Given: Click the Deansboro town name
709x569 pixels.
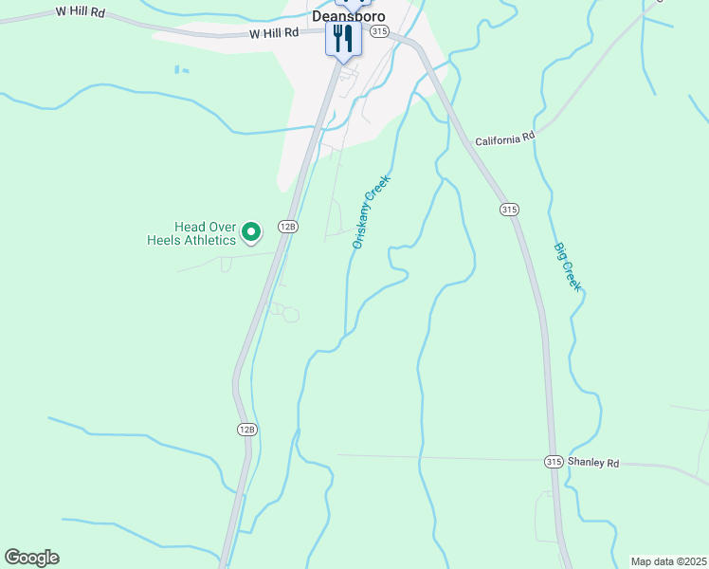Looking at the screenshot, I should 349,16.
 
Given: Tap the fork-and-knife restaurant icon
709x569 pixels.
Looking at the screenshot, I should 343,39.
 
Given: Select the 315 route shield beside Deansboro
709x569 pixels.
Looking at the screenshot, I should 380,31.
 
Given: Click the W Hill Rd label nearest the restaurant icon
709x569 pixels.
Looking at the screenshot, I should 274,32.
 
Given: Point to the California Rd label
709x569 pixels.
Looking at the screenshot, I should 505,138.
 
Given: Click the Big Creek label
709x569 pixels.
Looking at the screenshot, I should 567,266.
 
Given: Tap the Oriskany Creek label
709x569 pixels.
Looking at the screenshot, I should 372,211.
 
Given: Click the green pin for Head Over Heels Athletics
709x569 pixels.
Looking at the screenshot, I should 251,230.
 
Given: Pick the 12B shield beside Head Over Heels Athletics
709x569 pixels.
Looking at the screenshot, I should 288,226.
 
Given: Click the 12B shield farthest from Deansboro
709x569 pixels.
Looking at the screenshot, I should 246,430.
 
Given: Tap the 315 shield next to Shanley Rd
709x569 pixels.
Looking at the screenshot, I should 554,462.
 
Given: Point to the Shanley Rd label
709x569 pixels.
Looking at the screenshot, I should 593,463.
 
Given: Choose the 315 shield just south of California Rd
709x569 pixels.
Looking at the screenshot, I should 509,209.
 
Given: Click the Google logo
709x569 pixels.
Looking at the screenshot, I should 31,558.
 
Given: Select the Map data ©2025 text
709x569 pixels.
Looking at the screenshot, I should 667,561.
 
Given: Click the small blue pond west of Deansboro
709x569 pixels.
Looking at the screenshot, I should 181,69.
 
